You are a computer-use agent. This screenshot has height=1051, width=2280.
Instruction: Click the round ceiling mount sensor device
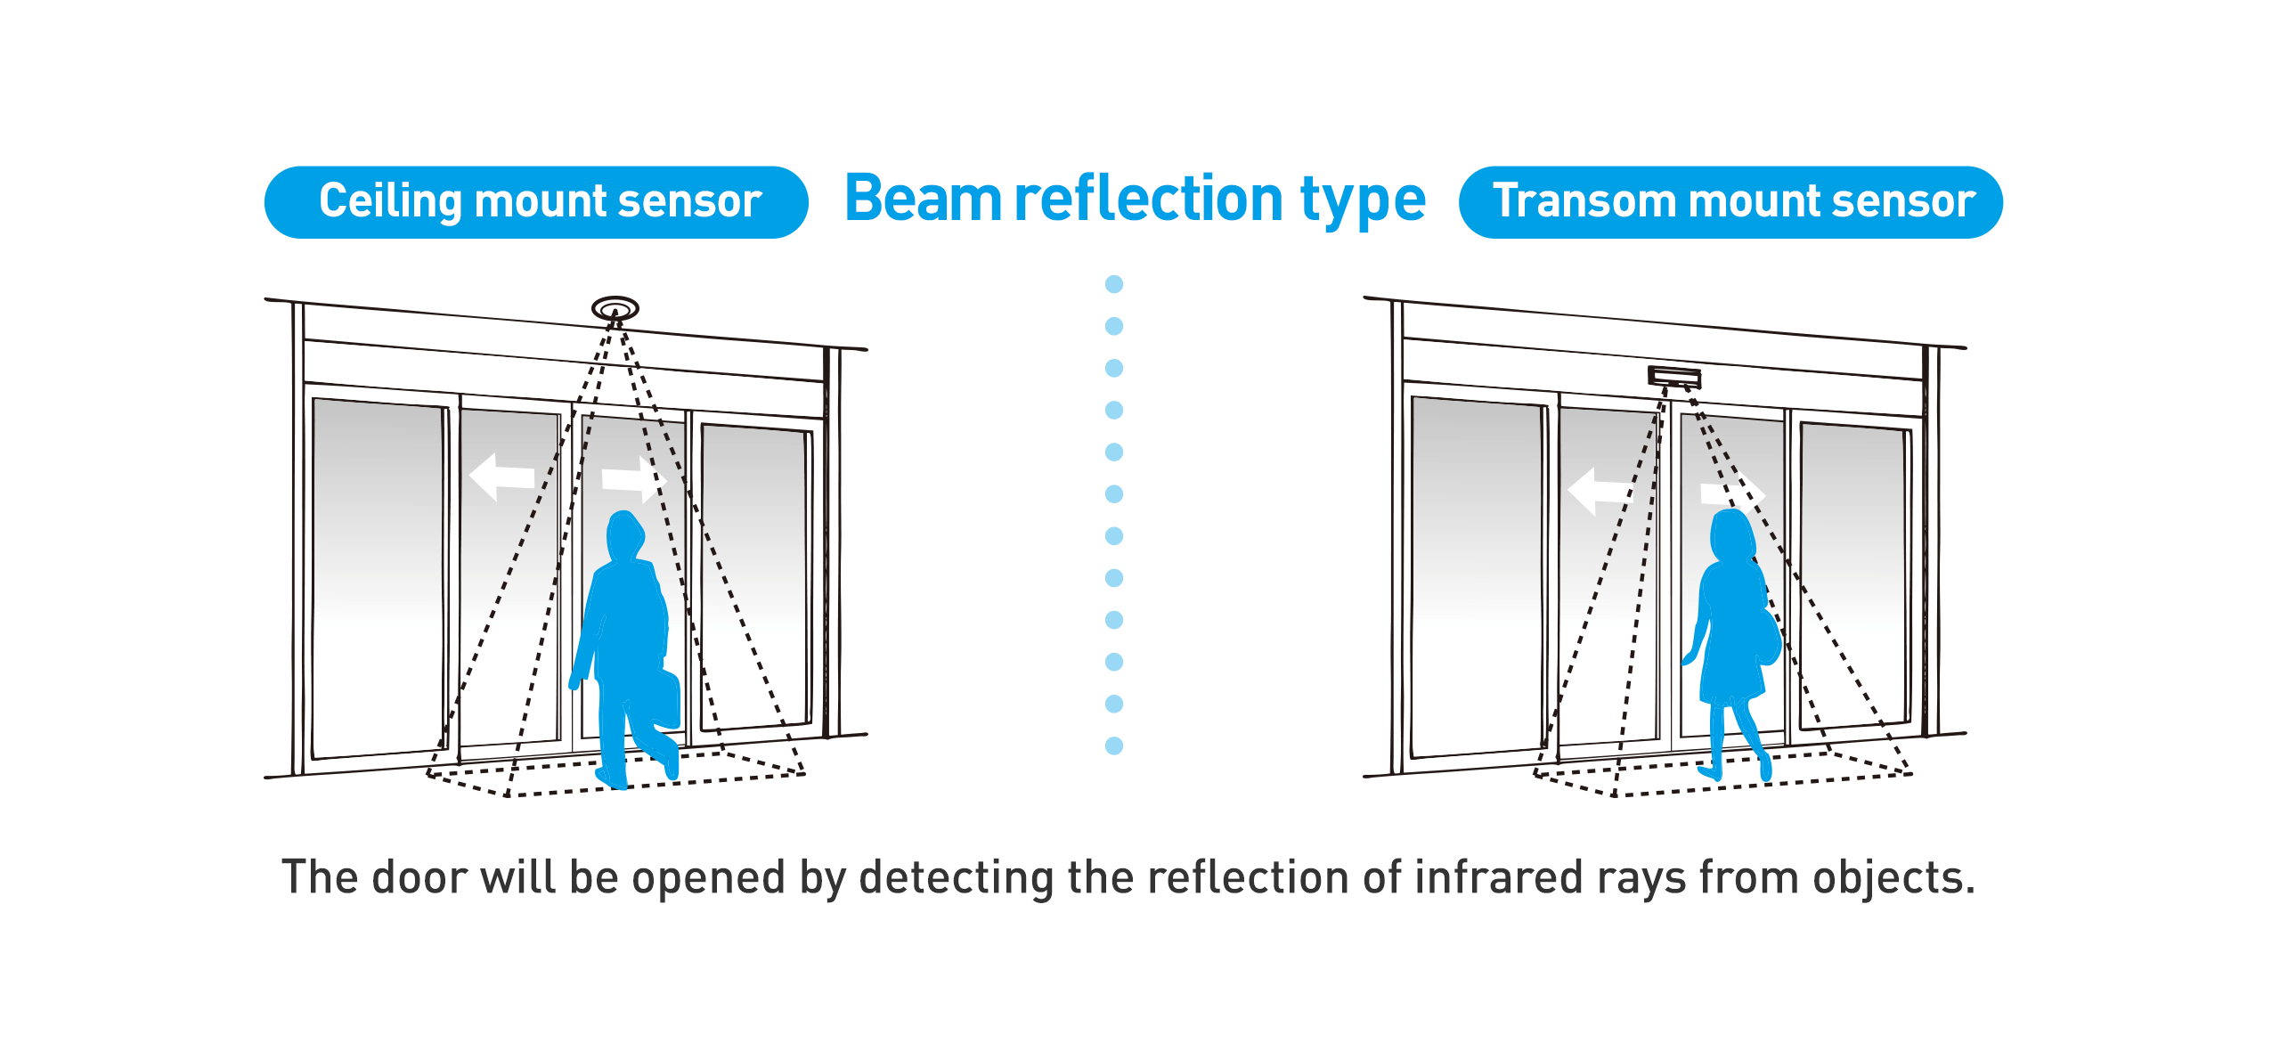615,309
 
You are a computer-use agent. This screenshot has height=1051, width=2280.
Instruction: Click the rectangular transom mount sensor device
1674,377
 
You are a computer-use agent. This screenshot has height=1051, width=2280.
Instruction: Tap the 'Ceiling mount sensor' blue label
536,202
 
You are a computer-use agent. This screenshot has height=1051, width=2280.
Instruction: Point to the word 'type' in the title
1363,200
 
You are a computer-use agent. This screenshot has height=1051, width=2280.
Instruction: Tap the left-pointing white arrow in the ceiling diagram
501,477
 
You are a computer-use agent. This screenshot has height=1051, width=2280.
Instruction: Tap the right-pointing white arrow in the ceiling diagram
633,479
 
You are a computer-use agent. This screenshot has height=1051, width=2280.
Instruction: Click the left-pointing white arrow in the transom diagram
1598,491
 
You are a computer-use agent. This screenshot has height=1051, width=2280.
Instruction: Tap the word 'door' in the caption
419,877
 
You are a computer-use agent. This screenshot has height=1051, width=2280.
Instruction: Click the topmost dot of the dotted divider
1114,284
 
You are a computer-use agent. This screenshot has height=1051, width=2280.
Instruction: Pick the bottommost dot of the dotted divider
1114,745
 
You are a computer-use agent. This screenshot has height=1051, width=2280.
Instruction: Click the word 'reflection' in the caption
1247,877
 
